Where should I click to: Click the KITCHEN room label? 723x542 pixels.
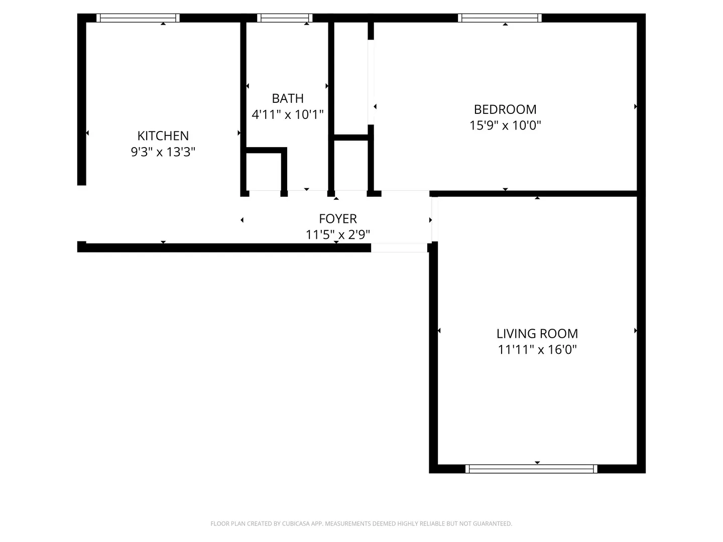coord(163,135)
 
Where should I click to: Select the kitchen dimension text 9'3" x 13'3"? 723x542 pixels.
coord(163,152)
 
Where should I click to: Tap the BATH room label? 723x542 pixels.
coord(288,98)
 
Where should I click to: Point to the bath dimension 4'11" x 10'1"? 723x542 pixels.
coord(288,114)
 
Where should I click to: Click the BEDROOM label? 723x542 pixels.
coord(505,109)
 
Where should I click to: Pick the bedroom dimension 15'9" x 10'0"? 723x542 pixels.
coord(505,125)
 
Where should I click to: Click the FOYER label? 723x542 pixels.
coord(338,219)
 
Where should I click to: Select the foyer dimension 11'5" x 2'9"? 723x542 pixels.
coord(338,234)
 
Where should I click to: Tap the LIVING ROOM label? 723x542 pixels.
coord(537,334)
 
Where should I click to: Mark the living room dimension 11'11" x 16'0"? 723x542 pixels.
coord(537,349)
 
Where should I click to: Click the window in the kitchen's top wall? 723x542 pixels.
coord(138,18)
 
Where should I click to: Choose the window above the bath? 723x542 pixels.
coord(285,18)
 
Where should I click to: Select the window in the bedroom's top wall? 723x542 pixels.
coord(500,18)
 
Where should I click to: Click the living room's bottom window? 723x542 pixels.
coord(531,469)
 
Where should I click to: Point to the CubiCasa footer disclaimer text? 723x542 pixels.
coord(361,523)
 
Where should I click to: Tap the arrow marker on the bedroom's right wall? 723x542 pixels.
coord(635,106)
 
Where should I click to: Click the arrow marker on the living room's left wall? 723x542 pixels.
coord(439,331)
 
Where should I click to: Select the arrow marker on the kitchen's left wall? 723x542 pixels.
coord(87,133)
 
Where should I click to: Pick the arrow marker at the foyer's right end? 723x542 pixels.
coord(430,220)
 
